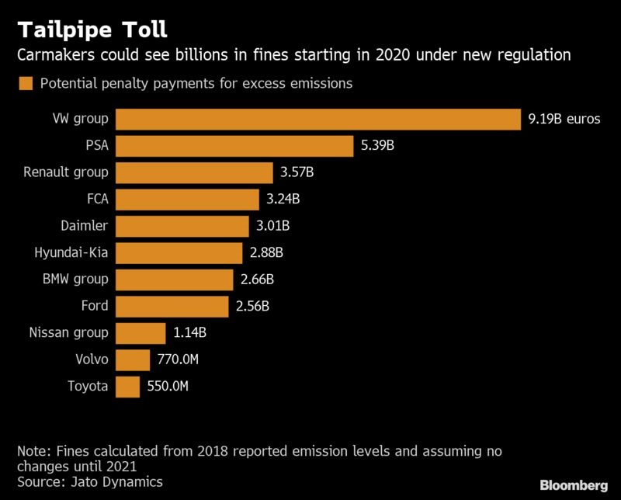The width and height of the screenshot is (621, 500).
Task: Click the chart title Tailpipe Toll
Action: (x=92, y=30)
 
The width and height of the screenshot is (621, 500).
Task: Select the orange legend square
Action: (x=26, y=83)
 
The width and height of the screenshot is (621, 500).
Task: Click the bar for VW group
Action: (x=318, y=119)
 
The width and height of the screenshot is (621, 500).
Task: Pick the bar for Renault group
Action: (x=194, y=172)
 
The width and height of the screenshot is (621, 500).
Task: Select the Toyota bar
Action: (x=127, y=387)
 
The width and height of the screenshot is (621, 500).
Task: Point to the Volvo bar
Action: (x=133, y=359)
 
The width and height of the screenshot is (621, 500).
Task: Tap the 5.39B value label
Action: (x=378, y=146)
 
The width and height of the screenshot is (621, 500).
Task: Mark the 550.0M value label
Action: (x=169, y=387)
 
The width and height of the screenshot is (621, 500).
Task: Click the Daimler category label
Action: (x=84, y=226)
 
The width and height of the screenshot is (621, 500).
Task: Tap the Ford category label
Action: (x=94, y=306)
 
